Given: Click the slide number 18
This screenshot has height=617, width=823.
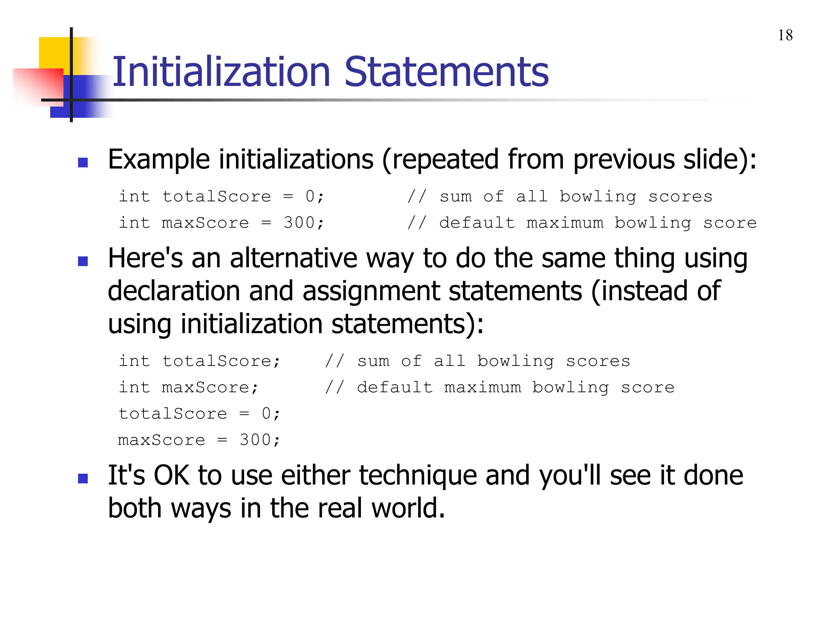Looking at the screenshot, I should click(x=785, y=35).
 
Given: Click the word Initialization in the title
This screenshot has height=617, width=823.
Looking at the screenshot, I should click(x=221, y=72).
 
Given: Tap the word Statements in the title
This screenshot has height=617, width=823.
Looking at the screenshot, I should click(x=446, y=72).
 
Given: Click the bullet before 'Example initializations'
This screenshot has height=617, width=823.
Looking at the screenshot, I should click(x=83, y=162).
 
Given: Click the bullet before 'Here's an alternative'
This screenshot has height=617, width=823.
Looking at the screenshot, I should click(x=83, y=262).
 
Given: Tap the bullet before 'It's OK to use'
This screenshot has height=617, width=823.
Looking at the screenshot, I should click(x=83, y=478).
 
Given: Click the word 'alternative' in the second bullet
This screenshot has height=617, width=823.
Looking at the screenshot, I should click(x=293, y=258).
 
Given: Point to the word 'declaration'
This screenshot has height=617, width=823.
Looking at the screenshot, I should click(x=174, y=291).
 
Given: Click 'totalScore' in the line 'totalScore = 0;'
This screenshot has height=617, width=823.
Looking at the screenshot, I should click(x=173, y=414).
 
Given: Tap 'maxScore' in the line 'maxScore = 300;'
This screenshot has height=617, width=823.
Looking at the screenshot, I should click(x=162, y=440).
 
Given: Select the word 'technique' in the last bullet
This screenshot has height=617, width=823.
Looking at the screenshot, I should click(x=418, y=476).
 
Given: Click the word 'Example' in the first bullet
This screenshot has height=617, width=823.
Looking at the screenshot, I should click(x=159, y=160).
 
